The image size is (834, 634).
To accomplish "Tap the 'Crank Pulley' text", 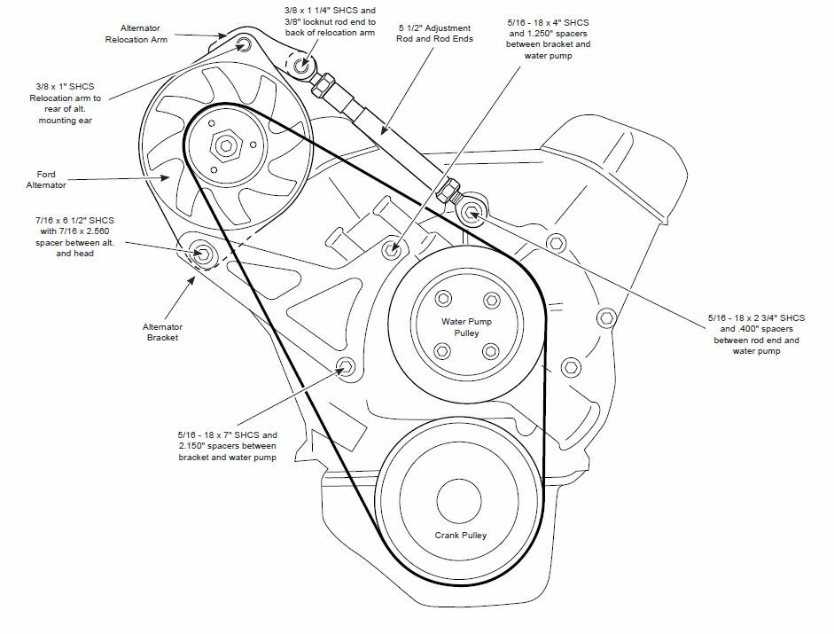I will [x=461, y=536].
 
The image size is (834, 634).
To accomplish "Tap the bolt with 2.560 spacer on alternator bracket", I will [x=201, y=254].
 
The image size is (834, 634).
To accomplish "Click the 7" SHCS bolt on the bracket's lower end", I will [x=346, y=367].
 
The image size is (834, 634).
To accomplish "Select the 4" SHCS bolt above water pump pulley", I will [x=391, y=249].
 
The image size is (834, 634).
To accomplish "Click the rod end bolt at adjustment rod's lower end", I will [x=472, y=211].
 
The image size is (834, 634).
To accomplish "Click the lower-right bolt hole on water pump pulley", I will [x=489, y=350].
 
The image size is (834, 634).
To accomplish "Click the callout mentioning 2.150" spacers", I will [x=228, y=446].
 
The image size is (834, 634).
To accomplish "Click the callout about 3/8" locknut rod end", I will [x=323, y=20].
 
